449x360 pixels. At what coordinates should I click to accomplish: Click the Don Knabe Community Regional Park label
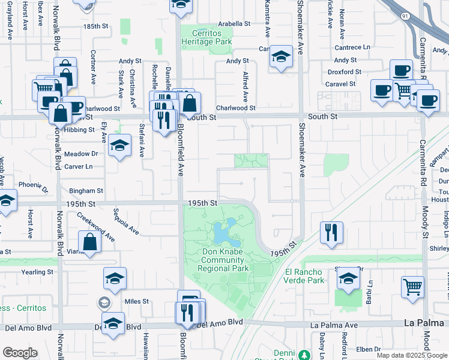tap(224, 260)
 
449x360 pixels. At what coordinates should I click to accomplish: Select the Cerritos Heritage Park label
tap(206, 37)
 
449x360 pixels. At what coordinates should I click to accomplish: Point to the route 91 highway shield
tap(406, 16)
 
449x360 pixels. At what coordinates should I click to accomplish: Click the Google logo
tap(20, 353)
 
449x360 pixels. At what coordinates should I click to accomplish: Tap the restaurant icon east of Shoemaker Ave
tap(331, 232)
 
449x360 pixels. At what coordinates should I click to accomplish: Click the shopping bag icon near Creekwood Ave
tap(89, 242)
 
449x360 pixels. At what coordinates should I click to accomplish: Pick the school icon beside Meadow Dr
tap(119, 145)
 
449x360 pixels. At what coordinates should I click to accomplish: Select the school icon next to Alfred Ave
tap(280, 57)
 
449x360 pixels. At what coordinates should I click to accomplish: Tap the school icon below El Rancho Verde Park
tap(348, 278)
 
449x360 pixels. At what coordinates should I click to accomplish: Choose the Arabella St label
tap(234, 23)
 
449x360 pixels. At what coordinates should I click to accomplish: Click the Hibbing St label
tap(79, 129)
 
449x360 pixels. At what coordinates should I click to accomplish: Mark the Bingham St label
tap(86, 191)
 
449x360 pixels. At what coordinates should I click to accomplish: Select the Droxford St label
tap(344, 72)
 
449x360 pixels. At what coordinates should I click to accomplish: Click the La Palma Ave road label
tap(334, 325)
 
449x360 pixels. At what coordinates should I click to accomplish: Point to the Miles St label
tap(136, 301)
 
